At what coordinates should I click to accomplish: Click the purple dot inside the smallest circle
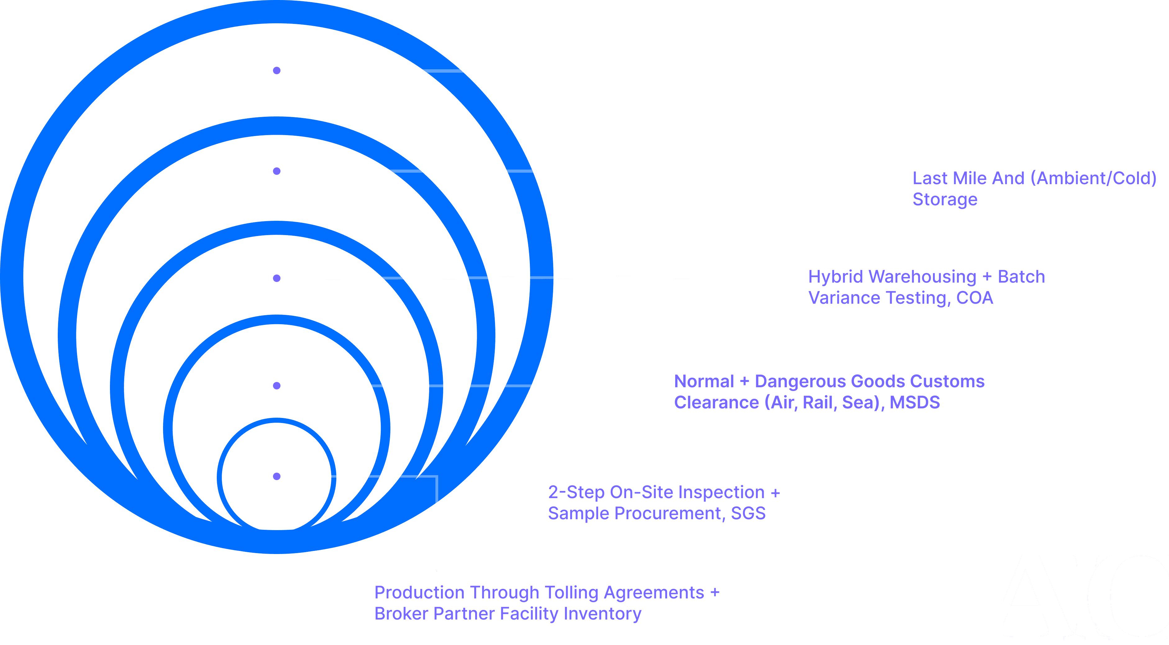pyautogui.click(x=276, y=476)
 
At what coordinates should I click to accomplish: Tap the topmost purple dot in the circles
pyautogui.click(x=276, y=70)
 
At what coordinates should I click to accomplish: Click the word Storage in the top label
pyautogui.click(x=945, y=200)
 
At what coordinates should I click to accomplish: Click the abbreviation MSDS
pyautogui.click(x=914, y=402)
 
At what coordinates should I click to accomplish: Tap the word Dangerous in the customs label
pyautogui.click(x=802, y=382)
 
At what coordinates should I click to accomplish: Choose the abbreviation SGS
pyautogui.click(x=748, y=513)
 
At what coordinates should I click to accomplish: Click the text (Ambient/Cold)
pyautogui.click(x=1093, y=178)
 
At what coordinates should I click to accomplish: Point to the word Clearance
pyautogui.click(x=716, y=402)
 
